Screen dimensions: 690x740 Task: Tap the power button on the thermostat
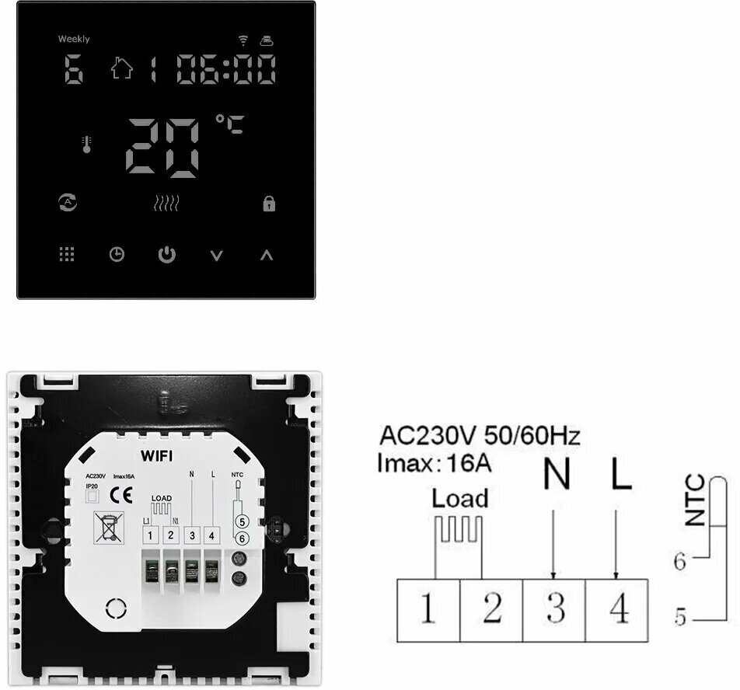(x=167, y=254)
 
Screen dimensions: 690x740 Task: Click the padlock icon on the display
(x=269, y=204)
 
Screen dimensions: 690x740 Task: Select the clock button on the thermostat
(x=117, y=254)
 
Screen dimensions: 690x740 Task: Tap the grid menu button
(x=67, y=254)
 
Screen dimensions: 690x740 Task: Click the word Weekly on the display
(x=74, y=39)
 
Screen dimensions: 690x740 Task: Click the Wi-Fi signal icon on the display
(x=243, y=40)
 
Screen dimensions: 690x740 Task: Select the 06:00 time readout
(x=226, y=70)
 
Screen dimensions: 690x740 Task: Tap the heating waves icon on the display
(x=166, y=204)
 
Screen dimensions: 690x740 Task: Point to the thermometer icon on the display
(x=86, y=145)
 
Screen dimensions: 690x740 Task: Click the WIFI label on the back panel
(x=156, y=453)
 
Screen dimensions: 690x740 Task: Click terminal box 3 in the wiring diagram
(x=553, y=610)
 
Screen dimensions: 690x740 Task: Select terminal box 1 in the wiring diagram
(x=428, y=610)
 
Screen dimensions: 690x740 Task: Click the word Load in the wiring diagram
(x=460, y=498)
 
